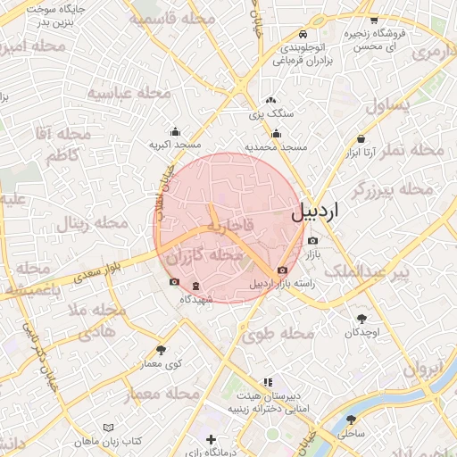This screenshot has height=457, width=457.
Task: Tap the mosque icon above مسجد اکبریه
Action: coord(175,131)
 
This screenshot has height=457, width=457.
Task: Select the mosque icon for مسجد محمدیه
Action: coord(277,135)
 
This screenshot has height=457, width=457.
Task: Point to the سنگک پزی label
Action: coord(270,114)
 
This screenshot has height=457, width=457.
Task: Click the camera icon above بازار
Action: coord(312,241)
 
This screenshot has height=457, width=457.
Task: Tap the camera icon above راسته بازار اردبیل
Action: coord(283,270)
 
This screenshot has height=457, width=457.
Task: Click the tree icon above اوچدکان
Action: coord(361,319)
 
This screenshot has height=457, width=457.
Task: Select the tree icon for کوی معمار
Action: coord(161,350)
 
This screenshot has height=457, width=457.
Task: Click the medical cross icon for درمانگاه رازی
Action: coord(211,439)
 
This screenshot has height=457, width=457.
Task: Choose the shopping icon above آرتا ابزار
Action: coord(361,139)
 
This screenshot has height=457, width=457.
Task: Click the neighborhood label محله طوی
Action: coord(278,334)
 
